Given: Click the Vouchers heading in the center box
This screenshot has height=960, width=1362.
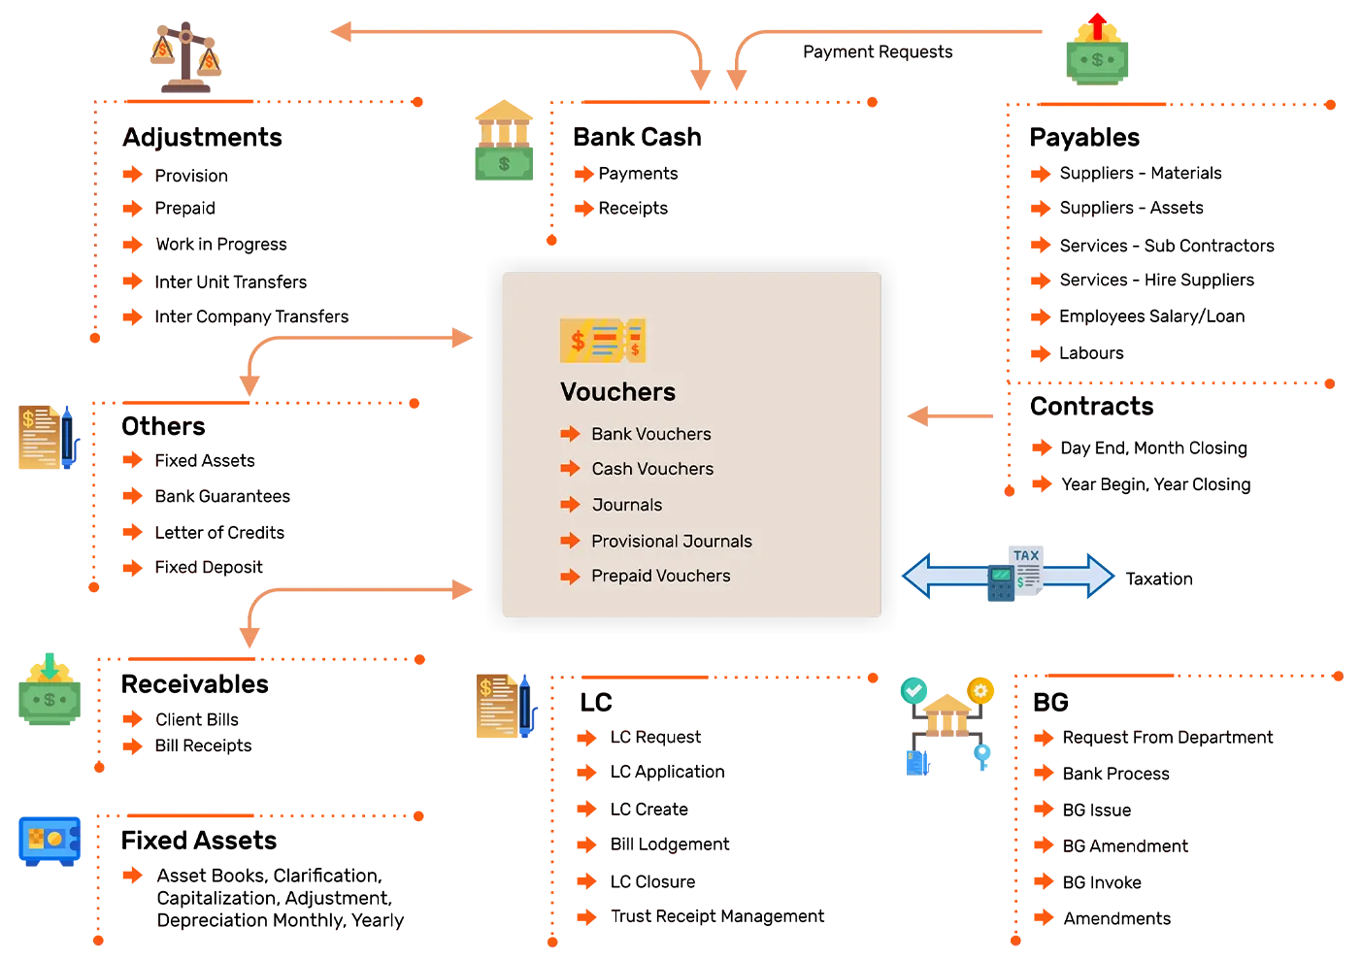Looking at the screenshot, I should (617, 392).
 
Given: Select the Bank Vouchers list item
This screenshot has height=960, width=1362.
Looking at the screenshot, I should (650, 434).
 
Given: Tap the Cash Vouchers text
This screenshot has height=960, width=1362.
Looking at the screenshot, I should (652, 469).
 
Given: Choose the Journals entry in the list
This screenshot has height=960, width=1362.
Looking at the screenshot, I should (627, 505).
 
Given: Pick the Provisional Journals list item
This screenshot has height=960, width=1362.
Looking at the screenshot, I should (671, 541).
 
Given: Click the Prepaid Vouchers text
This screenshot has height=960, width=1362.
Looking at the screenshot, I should (660, 576).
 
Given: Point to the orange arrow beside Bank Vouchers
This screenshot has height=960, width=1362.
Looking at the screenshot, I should (570, 434).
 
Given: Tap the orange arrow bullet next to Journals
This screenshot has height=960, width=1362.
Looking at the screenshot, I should (570, 505).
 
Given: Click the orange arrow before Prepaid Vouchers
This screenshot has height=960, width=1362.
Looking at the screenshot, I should (570, 577).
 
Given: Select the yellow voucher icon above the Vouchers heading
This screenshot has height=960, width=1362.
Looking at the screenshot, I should (602, 341).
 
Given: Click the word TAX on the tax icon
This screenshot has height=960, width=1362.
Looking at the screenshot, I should (1026, 556).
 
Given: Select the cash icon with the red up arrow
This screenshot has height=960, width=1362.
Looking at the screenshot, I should (1096, 49).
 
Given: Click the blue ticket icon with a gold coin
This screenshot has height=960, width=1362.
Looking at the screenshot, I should (51, 840).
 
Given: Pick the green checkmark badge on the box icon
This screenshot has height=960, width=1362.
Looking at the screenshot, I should (913, 690).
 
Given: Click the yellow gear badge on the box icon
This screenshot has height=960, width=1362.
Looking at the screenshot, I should (980, 690).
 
